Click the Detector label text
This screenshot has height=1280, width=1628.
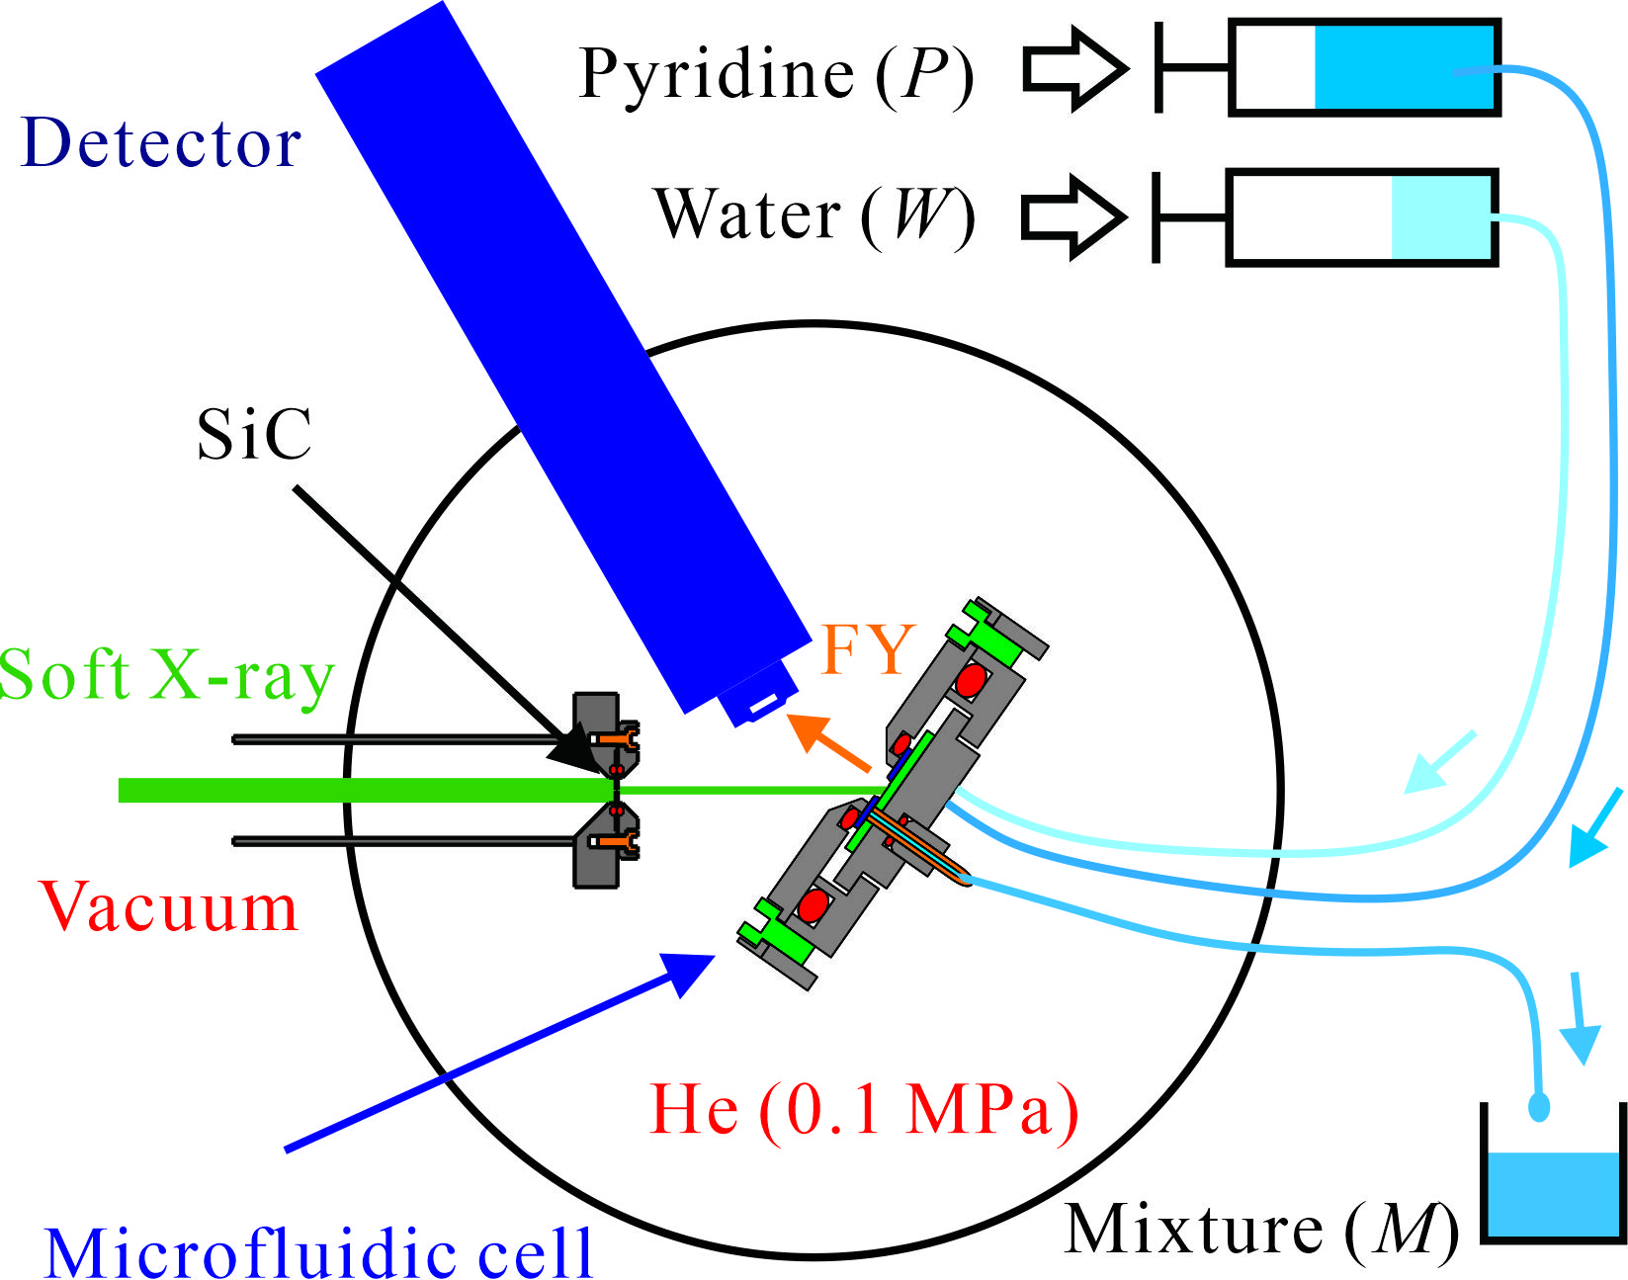pyautogui.click(x=160, y=144)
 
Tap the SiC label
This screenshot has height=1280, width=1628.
pyautogui.click(x=254, y=435)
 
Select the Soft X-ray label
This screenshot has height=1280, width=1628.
pyautogui.click(x=166, y=676)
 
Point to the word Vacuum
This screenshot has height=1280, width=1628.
pyautogui.click(x=168, y=907)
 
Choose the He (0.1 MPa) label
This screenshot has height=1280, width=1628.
pyautogui.click(x=863, y=1109)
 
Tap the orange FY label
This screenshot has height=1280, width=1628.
pyautogui.click(x=867, y=649)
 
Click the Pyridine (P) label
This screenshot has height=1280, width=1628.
pyautogui.click(x=776, y=74)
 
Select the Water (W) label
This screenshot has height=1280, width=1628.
pyautogui.click(x=814, y=214)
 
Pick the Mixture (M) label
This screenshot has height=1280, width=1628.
pyautogui.click(x=1260, y=1231)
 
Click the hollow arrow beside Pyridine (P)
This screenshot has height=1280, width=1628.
pyautogui.click(x=1074, y=69)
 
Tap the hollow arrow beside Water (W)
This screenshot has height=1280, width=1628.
pyautogui.click(x=1072, y=217)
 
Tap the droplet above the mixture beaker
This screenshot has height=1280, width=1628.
pyautogui.click(x=1539, y=1106)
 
